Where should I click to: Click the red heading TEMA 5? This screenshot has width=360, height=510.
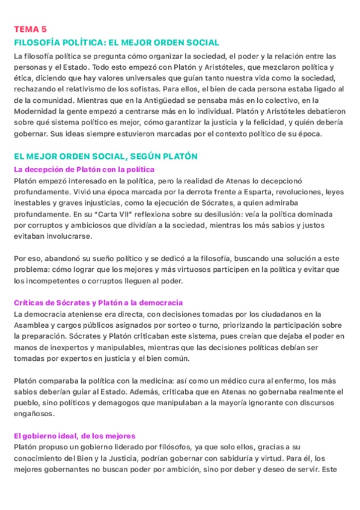click(x=30, y=29)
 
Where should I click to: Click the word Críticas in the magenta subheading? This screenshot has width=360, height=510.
click(x=30, y=303)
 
